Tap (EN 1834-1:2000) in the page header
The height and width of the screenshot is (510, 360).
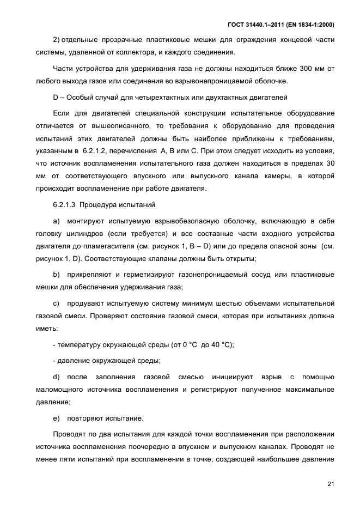(x=309, y=25)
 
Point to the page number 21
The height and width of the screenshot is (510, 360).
(x=331, y=484)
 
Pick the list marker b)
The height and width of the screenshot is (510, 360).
(x=56, y=274)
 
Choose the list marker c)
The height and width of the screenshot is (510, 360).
(x=56, y=302)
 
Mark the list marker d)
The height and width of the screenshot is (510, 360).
(x=56, y=377)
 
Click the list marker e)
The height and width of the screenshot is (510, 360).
(x=56, y=418)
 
